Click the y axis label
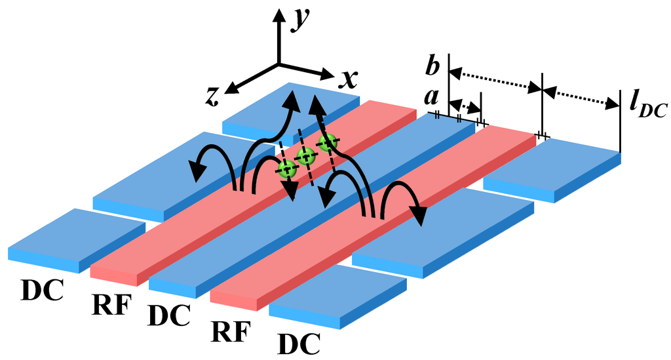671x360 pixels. pyautogui.click(x=302, y=20)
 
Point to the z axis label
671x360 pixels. pyautogui.click(x=212, y=96)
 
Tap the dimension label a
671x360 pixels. pyautogui.click(x=431, y=98)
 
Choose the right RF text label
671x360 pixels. pyautogui.click(x=229, y=331)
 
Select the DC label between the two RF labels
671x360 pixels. pyautogui.click(x=169, y=315)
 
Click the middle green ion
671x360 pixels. pyautogui.click(x=305, y=156)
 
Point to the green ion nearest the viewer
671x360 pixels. pyautogui.click(x=286, y=170)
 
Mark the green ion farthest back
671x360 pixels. pyautogui.click(x=327, y=142)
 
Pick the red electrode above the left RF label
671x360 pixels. pyautogui.click(x=197, y=216)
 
